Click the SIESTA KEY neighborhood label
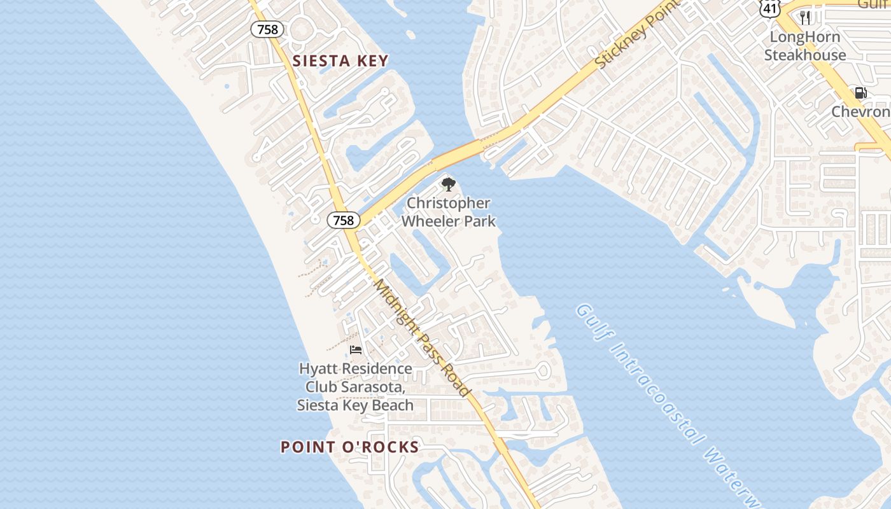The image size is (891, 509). coord(340,61)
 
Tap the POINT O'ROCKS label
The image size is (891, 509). coord(349,447)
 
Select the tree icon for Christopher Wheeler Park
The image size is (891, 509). coord(448,185)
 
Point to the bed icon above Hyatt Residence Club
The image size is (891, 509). coord(356,350)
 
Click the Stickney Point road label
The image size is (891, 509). coord(633,38)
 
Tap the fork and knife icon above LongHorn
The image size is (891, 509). coord(805,17)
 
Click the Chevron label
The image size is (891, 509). coord(860,112)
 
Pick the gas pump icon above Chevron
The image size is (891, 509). coord(860,93)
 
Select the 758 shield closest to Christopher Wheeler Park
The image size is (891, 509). coord(344,220)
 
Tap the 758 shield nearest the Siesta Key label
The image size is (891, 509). coord(267,29)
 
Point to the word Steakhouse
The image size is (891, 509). coord(805,55)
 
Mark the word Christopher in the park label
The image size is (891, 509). coord(448,204)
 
